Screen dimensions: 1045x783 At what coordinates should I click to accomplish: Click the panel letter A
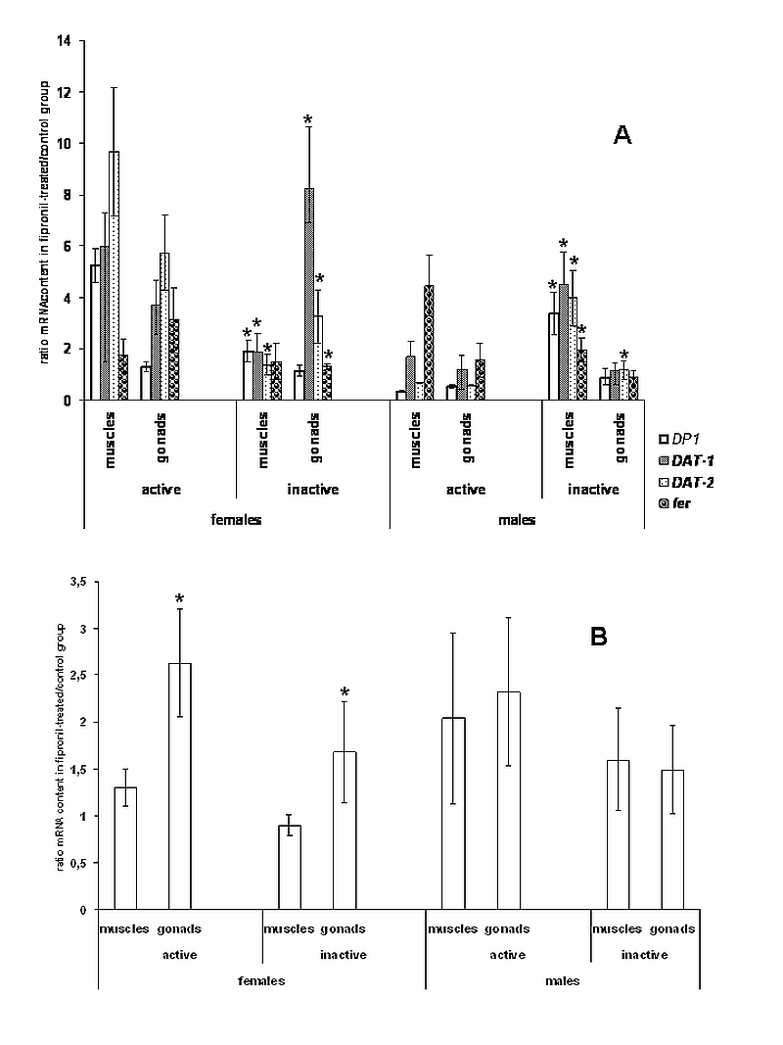(622, 135)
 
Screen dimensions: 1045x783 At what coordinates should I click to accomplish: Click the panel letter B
(599, 637)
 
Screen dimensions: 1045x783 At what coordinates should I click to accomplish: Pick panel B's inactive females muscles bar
(289, 867)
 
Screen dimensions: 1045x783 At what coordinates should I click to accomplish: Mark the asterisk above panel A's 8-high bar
(308, 120)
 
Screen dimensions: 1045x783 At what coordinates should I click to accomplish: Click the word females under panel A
(235, 520)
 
